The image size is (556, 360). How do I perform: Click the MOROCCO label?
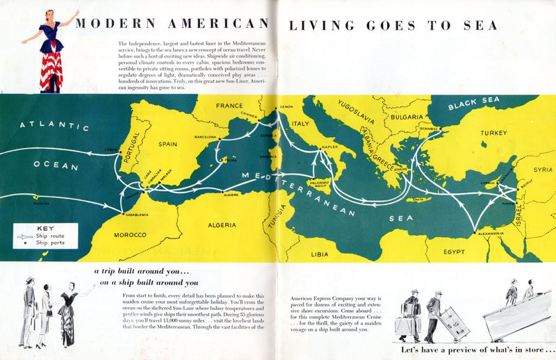point(130,235)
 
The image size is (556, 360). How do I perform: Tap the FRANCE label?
point(229,106)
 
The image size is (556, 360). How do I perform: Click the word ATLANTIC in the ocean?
point(55,126)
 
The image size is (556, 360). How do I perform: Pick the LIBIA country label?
point(320,254)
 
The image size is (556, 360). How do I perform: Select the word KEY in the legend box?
point(45,228)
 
